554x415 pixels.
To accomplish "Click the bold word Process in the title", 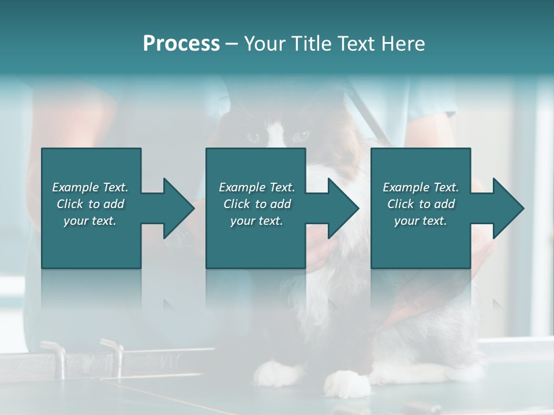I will pyautogui.click(x=181, y=44).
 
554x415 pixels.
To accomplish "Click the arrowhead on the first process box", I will pyautogui.click(x=179, y=208).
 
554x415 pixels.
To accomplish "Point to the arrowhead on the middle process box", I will pyautogui.click(x=343, y=208).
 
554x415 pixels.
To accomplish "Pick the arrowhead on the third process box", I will pyautogui.click(x=508, y=208).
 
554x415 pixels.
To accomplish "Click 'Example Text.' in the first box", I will pyautogui.click(x=90, y=187).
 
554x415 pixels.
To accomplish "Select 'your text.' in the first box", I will pyautogui.click(x=90, y=221).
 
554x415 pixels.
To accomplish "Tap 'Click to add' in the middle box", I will pyautogui.click(x=257, y=204).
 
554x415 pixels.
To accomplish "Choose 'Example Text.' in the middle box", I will pyautogui.click(x=257, y=187).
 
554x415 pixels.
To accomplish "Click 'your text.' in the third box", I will pyautogui.click(x=421, y=221).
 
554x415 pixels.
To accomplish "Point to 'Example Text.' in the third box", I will pyautogui.click(x=421, y=187).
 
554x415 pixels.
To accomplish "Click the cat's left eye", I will pyautogui.click(x=254, y=137).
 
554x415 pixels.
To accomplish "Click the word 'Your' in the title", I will pyautogui.click(x=263, y=44).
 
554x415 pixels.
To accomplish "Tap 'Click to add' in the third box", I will pyautogui.click(x=421, y=204).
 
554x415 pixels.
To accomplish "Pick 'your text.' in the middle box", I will pyautogui.click(x=257, y=221).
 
